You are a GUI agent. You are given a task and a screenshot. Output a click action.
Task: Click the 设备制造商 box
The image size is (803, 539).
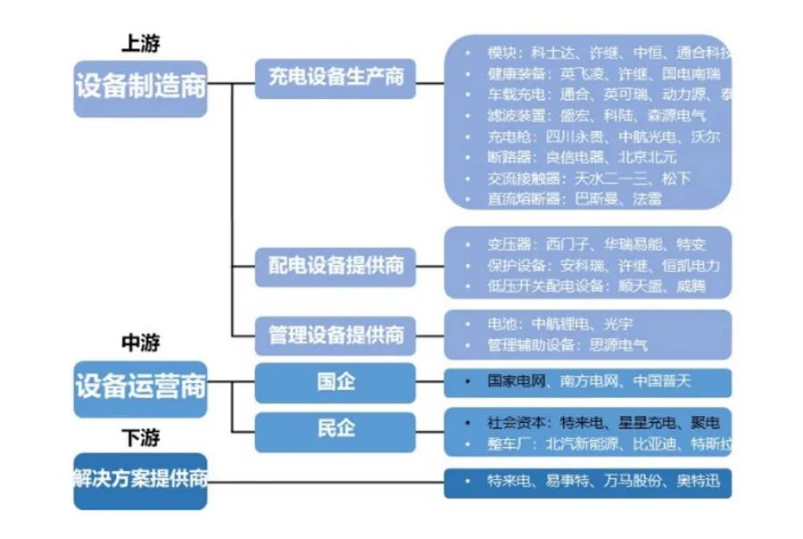pyautogui.click(x=140, y=87)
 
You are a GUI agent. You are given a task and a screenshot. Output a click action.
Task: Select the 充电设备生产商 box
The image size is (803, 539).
pyautogui.click(x=335, y=77)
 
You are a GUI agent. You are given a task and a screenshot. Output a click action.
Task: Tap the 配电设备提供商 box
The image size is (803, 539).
pyautogui.click(x=335, y=265)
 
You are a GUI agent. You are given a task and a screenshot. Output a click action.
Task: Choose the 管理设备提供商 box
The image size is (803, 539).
pyautogui.click(x=335, y=335)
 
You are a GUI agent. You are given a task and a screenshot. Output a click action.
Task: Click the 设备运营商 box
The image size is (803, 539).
pyautogui.click(x=140, y=387)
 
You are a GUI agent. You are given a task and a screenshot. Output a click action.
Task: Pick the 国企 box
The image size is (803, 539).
pyautogui.click(x=335, y=382)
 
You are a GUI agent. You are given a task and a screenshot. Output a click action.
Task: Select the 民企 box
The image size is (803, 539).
pyautogui.click(x=335, y=429)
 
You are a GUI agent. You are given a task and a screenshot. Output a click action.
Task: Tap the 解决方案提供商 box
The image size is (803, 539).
pyautogui.click(x=140, y=479)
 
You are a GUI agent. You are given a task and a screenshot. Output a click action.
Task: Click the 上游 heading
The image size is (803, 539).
pyautogui.click(x=140, y=44)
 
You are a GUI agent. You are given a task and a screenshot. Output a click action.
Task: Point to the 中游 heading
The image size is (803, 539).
pyautogui.click(x=140, y=343)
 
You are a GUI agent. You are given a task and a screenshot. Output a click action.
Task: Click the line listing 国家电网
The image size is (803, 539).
pyautogui.click(x=589, y=381)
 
